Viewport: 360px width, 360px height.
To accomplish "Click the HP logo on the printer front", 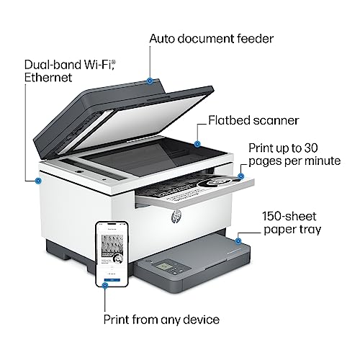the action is click(x=176, y=216).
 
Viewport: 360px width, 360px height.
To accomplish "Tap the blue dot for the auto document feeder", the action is click(x=150, y=81).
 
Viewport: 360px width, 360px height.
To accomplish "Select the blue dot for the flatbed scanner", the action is click(x=197, y=144).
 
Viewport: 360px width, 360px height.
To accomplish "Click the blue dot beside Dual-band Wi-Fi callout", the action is click(x=38, y=181).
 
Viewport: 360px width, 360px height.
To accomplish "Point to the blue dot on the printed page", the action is click(x=240, y=176).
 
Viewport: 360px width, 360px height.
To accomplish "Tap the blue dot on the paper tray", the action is click(x=238, y=240).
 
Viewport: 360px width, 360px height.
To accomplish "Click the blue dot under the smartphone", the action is click(x=105, y=285).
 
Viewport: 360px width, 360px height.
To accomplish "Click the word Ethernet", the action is click(x=48, y=78).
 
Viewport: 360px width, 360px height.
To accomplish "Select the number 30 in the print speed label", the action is click(x=311, y=148).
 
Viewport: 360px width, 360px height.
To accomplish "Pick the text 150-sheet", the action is click(x=289, y=216).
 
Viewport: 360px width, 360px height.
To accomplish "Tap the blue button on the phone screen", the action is click(x=112, y=280).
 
